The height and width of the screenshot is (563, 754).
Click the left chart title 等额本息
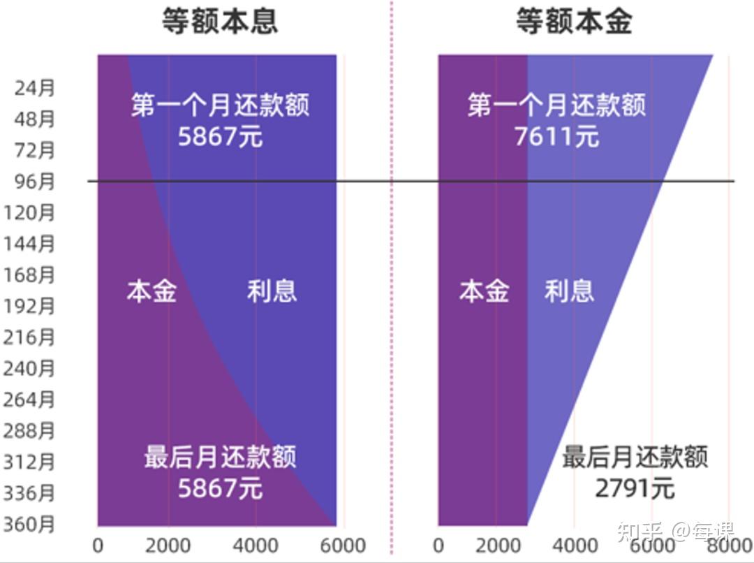(x=220, y=22)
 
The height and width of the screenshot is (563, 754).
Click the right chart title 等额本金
(x=574, y=22)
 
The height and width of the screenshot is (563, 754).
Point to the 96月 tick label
(x=34, y=182)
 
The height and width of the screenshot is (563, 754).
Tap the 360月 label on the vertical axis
(x=29, y=524)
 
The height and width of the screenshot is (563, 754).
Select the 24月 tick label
(x=34, y=89)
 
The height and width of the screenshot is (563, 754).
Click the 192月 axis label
(x=29, y=306)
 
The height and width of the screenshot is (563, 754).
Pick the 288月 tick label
(x=29, y=430)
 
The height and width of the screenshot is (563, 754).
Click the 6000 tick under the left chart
(x=342, y=546)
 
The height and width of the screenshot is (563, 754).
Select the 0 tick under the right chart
(x=438, y=546)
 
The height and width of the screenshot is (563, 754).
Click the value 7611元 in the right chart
(x=556, y=136)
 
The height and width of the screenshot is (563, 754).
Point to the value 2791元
(x=635, y=488)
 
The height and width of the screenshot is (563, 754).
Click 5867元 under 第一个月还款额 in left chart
(x=220, y=136)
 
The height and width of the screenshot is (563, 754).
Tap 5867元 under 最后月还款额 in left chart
(x=220, y=488)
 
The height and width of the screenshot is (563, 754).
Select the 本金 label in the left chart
(x=151, y=291)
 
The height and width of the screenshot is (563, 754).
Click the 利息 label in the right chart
(x=569, y=291)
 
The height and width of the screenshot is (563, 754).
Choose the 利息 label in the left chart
(x=272, y=291)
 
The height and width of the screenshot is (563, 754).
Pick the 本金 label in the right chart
(x=484, y=291)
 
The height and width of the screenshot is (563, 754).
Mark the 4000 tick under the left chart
(x=256, y=546)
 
